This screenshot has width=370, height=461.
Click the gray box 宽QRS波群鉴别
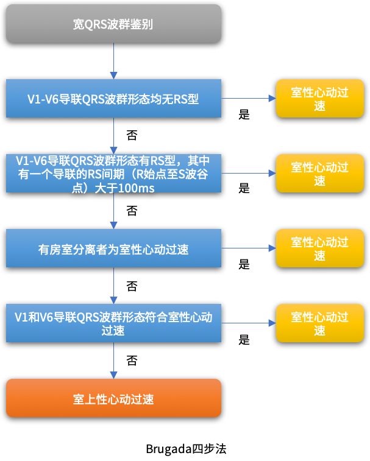[113, 24]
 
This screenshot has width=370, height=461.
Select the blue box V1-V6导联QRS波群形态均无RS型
[113, 99]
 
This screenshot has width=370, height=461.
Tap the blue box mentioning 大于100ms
[113, 174]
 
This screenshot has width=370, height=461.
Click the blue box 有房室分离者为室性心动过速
[113, 248]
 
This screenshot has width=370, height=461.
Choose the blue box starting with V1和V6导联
[113, 323]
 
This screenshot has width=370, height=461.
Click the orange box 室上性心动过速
[113, 398]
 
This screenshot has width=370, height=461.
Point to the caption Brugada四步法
[185, 449]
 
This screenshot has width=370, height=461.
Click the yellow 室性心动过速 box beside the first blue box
[319, 99]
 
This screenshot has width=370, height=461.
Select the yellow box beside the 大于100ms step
[319, 174]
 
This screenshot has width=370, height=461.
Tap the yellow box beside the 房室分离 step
[319, 249]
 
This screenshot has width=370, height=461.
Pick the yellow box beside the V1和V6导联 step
[319, 324]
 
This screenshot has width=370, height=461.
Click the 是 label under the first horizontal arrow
[244, 114]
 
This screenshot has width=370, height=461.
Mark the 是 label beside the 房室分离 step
[244, 264]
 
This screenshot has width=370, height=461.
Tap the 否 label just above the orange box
[131, 361]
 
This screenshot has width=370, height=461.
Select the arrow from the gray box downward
[113, 61]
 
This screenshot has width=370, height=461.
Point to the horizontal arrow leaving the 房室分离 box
[247, 248]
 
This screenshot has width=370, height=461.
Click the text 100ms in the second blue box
[136, 189]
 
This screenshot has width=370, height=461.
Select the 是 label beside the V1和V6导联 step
[244, 340]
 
